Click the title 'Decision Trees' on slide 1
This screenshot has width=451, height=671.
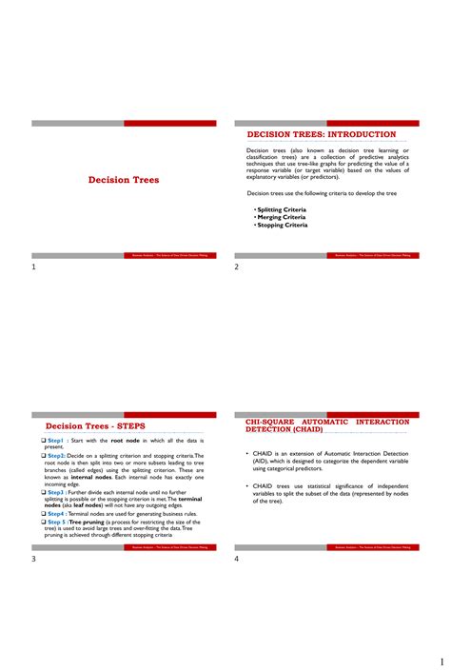pyautogui.click(x=124, y=180)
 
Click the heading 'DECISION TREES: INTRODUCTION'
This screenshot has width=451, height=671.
pyautogui.click(x=321, y=134)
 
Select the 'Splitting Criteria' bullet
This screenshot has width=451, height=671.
pyautogui.click(x=282, y=209)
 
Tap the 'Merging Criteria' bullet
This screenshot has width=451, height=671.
pyautogui.click(x=281, y=217)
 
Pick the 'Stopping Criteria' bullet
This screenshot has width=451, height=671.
pyautogui.click(x=282, y=225)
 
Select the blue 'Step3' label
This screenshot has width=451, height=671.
pyautogui.click(x=55, y=492)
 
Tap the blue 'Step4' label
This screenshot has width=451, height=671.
pyautogui.click(x=55, y=513)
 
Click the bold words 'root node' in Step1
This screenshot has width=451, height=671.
pyautogui.click(x=125, y=441)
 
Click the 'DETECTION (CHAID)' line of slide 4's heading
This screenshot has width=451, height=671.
pyautogui.click(x=284, y=429)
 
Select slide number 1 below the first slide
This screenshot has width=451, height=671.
pyautogui.click(x=34, y=267)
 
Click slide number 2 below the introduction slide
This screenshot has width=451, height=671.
pyautogui.click(x=237, y=267)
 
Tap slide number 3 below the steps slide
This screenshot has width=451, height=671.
pyautogui.click(x=34, y=559)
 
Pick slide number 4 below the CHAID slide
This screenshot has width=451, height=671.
pyautogui.click(x=237, y=559)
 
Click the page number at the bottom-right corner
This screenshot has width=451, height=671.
pyautogui.click(x=441, y=661)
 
